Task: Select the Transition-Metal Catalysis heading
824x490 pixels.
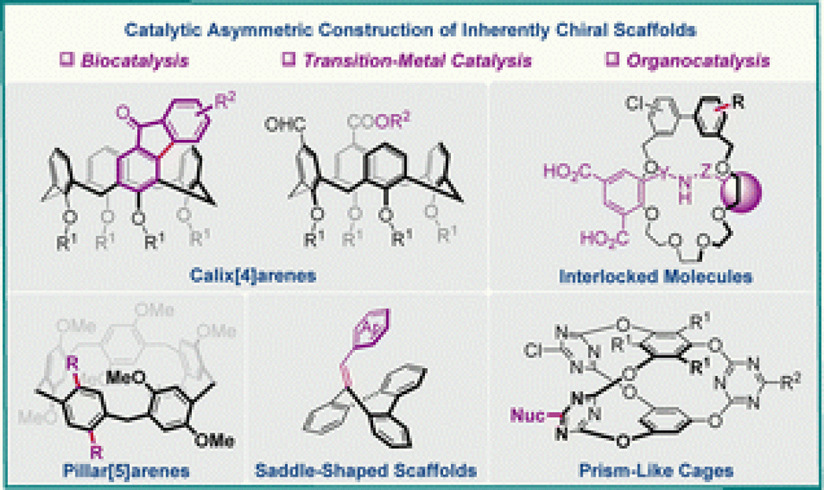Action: point(417,61)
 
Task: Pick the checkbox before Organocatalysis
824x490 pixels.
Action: point(611,60)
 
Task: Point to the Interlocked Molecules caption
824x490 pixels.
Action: point(656,276)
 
